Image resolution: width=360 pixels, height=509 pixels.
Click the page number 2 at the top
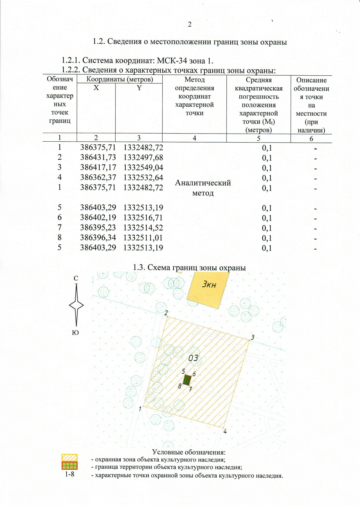(190, 25)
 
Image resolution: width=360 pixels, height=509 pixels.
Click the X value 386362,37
(98, 177)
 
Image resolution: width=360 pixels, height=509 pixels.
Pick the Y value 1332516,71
(143, 218)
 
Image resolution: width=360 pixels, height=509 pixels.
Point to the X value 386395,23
(98, 227)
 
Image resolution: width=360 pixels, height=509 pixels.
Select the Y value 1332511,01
(143, 238)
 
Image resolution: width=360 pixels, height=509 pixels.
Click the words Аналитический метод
(203, 188)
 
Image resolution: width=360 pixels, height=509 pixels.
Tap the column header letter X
(96, 88)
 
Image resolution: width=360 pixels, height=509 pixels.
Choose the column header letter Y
(139, 88)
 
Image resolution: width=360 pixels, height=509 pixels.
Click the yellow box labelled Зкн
(208, 289)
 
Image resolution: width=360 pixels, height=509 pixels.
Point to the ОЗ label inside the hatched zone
(193, 358)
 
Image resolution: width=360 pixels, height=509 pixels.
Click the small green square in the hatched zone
(187, 380)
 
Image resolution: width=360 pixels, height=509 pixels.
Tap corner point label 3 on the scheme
(253, 337)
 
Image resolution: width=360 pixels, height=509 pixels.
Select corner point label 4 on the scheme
(225, 432)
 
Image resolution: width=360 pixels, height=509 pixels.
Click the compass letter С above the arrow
(76, 279)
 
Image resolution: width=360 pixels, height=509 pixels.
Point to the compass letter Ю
(76, 333)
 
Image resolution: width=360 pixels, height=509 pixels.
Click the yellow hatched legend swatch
(70, 458)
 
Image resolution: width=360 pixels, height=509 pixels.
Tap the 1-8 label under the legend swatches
(70, 474)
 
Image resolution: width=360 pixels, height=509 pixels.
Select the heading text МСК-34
(170, 61)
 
